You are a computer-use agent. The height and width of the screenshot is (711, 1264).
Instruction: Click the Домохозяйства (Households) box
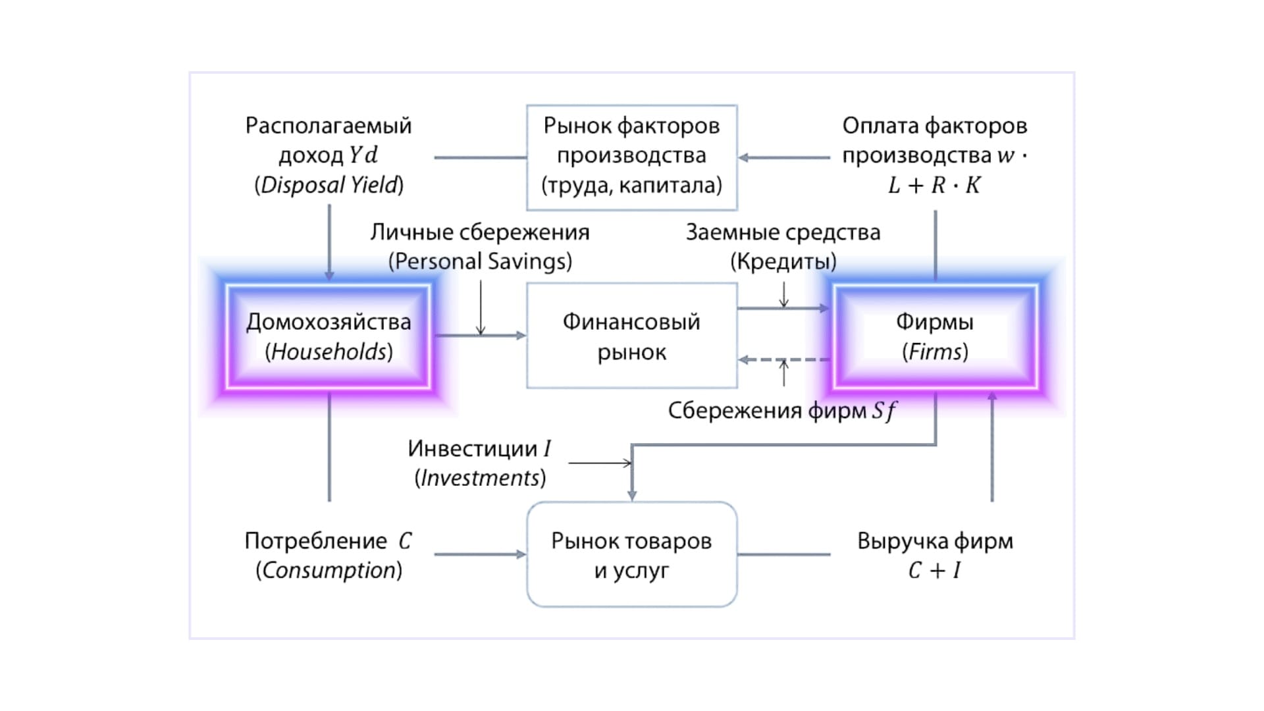coord(329,336)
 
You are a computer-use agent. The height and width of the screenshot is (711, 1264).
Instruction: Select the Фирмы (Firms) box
coord(935,336)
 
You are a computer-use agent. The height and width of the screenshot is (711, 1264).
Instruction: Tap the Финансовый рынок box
coord(631,336)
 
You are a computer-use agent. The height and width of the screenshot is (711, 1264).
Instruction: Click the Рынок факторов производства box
coord(631,157)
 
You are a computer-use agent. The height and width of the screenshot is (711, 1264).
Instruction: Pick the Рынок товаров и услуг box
coord(631,554)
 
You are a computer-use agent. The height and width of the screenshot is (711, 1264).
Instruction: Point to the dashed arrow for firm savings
coord(783,360)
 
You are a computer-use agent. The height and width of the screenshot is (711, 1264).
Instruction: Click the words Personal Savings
coord(481,261)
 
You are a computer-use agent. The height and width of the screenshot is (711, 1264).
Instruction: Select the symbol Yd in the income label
coord(363,155)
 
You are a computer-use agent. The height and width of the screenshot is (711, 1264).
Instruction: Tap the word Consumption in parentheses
coord(329,570)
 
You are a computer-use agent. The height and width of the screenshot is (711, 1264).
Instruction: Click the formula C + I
coord(935,570)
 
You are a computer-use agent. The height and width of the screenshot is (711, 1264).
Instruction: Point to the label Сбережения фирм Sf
coord(782,411)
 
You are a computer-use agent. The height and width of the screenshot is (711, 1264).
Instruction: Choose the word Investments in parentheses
coord(481,478)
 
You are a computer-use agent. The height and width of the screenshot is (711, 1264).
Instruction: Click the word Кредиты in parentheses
coord(783,261)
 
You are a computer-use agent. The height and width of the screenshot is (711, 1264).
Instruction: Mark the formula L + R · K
coord(935,186)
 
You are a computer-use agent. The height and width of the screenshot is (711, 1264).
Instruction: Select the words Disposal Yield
coord(329,186)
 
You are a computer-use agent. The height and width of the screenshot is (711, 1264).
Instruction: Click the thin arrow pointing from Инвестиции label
coord(599,463)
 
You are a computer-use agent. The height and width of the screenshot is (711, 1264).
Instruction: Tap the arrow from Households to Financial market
coord(481,336)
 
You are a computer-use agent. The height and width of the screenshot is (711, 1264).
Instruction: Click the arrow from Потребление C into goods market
coord(481,554)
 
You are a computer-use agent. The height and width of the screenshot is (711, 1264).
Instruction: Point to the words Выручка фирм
coord(935,540)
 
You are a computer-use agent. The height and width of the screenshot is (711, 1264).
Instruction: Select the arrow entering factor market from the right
coord(783,157)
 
